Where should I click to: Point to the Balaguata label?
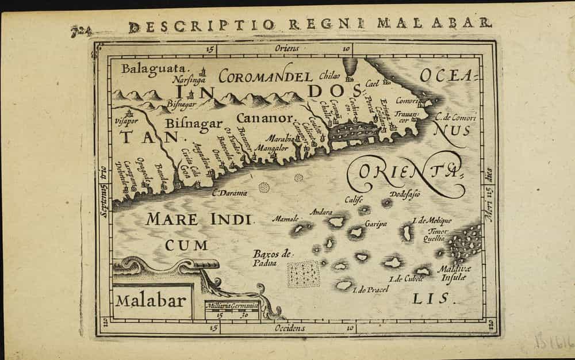tap(145, 68)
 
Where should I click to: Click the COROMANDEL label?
tap(266, 76)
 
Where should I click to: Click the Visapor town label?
tap(127, 122)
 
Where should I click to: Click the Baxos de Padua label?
tap(273, 258)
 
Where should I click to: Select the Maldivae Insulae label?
tap(453, 273)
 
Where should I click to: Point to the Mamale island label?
tap(285, 219)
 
